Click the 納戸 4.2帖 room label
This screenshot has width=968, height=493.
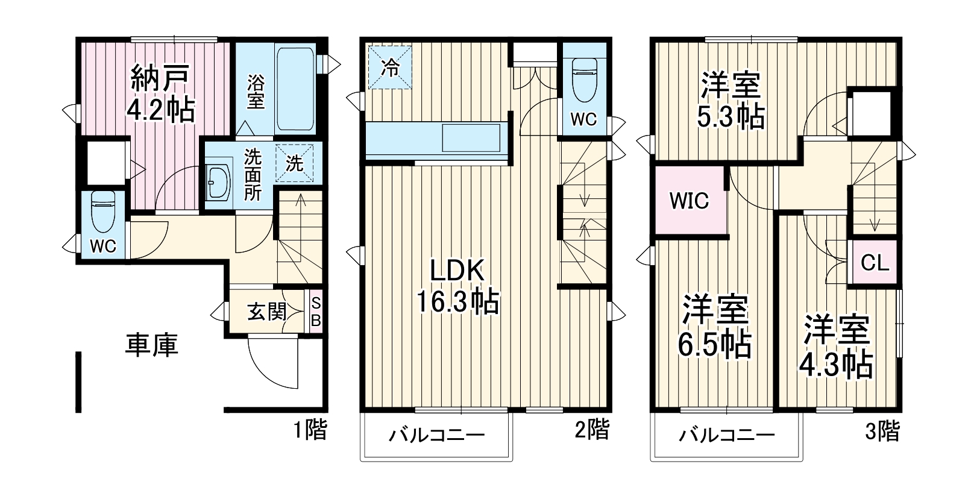pos(160,93)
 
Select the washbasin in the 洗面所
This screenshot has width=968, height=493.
pos(218,181)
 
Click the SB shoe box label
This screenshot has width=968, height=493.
pos(315,312)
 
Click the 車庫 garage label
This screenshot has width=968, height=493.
pos(151,345)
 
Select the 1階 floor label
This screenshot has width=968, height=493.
pos(310,430)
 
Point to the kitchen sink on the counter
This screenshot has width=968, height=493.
pos(471,138)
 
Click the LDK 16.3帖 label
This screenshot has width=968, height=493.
pos(458,286)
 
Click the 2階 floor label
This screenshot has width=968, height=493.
pos(591,429)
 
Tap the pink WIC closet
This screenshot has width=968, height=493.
pos(690,200)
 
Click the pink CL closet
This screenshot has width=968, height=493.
pos(875,263)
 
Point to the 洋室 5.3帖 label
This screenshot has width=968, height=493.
pos(731,100)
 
